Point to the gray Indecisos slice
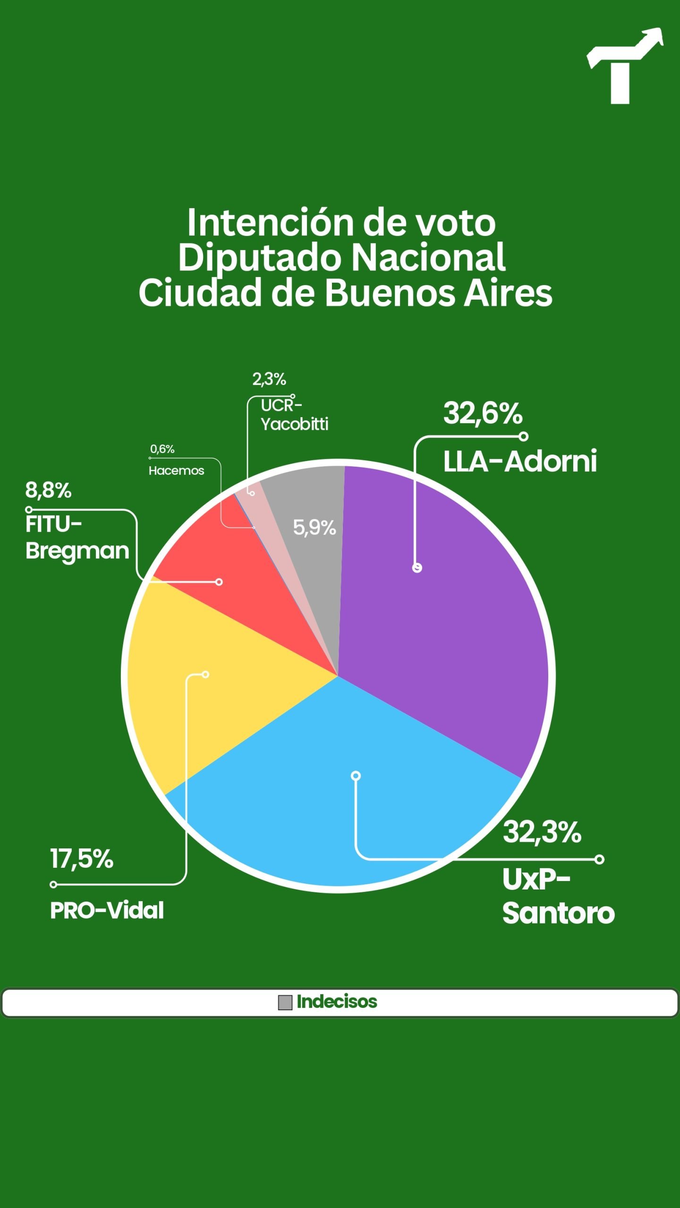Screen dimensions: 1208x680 pyautogui.click(x=312, y=557)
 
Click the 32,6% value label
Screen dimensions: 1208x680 pyautogui.click(x=483, y=413)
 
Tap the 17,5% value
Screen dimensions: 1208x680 pyautogui.click(x=82, y=859)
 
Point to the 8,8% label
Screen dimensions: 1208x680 pyautogui.click(x=48, y=491)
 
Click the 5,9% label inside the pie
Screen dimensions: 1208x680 pyautogui.click(x=314, y=528)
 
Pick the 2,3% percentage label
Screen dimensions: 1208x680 pyautogui.click(x=269, y=379)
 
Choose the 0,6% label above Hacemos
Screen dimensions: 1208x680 pyautogui.click(x=162, y=449)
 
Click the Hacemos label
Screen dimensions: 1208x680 pyautogui.click(x=176, y=471)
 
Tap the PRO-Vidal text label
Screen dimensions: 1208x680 pyautogui.click(x=107, y=911)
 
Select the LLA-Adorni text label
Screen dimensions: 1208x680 pyautogui.click(x=520, y=461)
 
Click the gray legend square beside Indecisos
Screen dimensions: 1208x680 pyautogui.click(x=285, y=1002)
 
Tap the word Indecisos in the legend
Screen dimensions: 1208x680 pyautogui.click(x=337, y=1002)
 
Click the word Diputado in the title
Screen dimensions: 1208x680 pyautogui.click(x=260, y=258)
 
